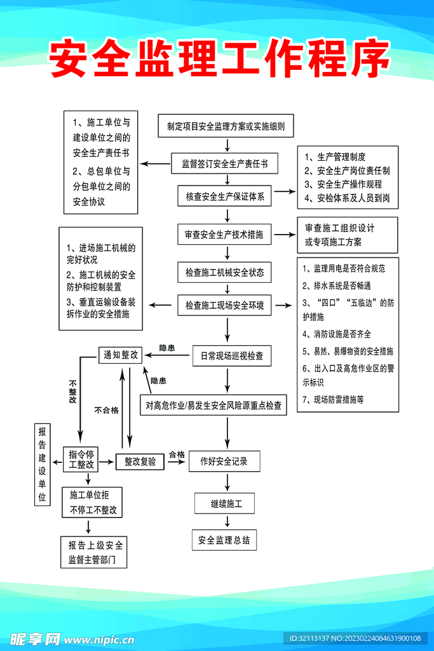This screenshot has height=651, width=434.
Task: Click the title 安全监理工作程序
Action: [x=219, y=60]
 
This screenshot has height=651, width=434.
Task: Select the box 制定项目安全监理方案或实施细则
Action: [x=226, y=126]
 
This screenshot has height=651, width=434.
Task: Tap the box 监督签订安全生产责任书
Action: [x=224, y=163]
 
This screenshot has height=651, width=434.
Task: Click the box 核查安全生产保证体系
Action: [x=224, y=197]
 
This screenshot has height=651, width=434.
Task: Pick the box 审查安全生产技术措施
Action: [x=224, y=235]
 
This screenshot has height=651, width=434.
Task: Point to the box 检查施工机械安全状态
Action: [x=224, y=272]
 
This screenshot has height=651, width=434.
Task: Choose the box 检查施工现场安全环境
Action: [x=224, y=306]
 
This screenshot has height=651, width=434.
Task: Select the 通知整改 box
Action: [x=121, y=355]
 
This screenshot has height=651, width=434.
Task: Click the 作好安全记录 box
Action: [x=224, y=461]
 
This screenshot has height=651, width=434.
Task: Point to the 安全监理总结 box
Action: [x=224, y=540]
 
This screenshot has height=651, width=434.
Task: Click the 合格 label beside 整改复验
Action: [x=177, y=455]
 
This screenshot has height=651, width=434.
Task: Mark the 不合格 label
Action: [x=106, y=410]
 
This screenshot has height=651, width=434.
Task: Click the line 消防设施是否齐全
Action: [x=337, y=334]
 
